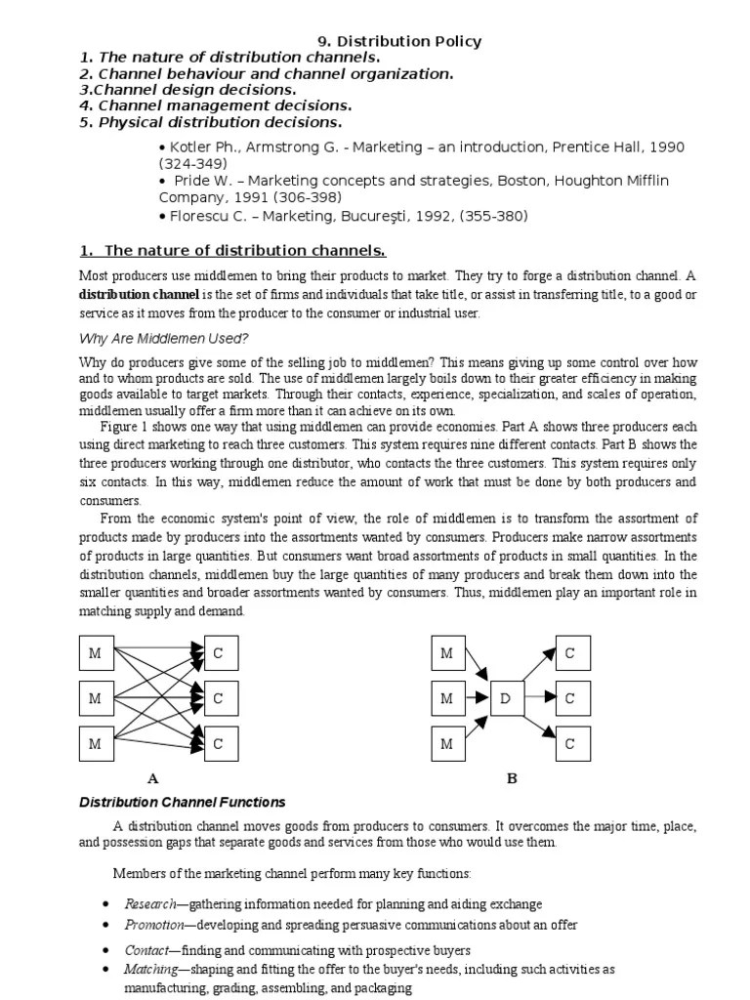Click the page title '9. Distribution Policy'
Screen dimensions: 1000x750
(x=400, y=41)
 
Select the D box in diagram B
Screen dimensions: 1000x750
(x=505, y=699)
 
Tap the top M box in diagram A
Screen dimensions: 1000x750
(x=96, y=653)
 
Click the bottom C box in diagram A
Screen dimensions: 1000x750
(x=219, y=744)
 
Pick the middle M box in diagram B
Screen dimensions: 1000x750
(x=447, y=699)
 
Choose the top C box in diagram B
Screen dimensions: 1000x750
(x=570, y=653)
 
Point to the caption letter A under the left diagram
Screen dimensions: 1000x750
(x=152, y=778)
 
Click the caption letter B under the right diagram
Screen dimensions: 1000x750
(x=511, y=778)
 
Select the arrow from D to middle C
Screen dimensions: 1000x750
(x=538, y=699)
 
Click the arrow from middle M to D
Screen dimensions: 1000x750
(x=477, y=699)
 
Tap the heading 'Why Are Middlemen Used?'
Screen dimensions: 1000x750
(x=163, y=338)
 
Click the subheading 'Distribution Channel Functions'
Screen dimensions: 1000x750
(x=182, y=802)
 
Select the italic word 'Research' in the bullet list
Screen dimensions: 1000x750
(x=148, y=904)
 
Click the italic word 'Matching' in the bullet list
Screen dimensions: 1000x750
(x=149, y=970)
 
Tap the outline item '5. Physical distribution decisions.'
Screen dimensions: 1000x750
(x=211, y=123)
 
